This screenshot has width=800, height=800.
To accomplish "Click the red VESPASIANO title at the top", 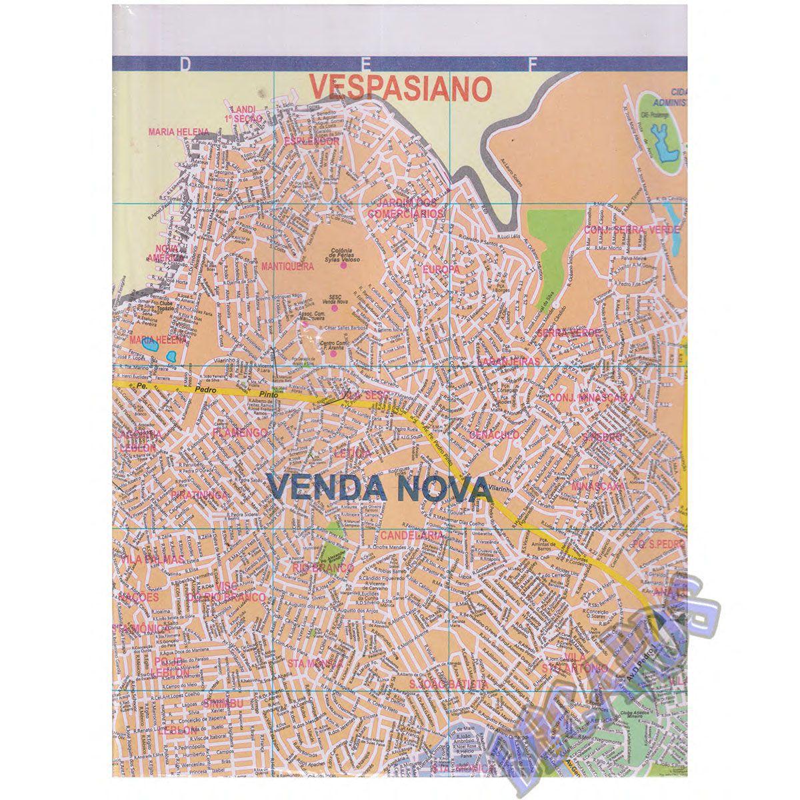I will [401, 87].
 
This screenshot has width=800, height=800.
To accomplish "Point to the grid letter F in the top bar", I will [532, 63].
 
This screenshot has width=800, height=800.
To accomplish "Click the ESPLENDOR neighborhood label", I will [311, 141].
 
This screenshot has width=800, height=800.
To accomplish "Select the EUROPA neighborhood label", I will [441, 269].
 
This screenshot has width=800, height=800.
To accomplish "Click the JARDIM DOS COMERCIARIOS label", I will [406, 208].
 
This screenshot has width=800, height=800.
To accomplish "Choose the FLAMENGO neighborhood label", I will [241, 433].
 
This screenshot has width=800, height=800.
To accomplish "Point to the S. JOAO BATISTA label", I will [449, 684].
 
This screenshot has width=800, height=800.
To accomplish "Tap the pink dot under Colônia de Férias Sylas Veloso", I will [343, 265].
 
